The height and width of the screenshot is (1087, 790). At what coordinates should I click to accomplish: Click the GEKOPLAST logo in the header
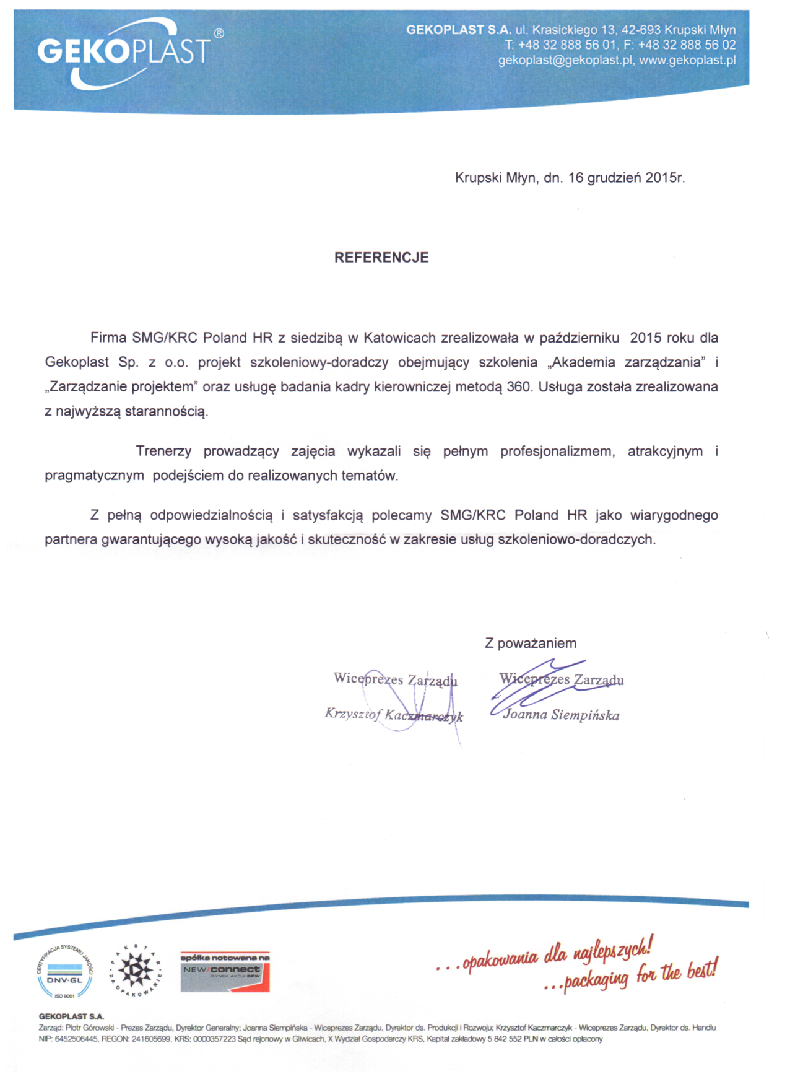[124, 51]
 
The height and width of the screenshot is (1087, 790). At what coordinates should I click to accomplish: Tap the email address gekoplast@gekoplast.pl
[566, 61]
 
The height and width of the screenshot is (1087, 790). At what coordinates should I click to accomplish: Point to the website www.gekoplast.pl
[687, 61]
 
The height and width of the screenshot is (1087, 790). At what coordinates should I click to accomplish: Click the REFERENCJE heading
[381, 258]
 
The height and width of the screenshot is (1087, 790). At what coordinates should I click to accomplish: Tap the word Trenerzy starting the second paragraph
[163, 452]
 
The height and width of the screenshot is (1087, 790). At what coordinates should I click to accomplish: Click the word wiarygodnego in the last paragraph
[674, 515]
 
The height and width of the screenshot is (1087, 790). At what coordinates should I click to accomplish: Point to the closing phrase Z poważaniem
[531, 644]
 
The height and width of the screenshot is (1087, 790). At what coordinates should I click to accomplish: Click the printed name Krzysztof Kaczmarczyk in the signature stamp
[394, 715]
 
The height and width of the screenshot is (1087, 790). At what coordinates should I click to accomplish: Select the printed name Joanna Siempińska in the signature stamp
[561, 715]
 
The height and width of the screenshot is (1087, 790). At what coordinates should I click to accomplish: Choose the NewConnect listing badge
[225, 972]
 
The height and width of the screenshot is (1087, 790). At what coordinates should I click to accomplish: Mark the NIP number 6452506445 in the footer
[76, 1039]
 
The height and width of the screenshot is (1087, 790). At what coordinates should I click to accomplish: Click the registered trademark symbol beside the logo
[219, 33]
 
